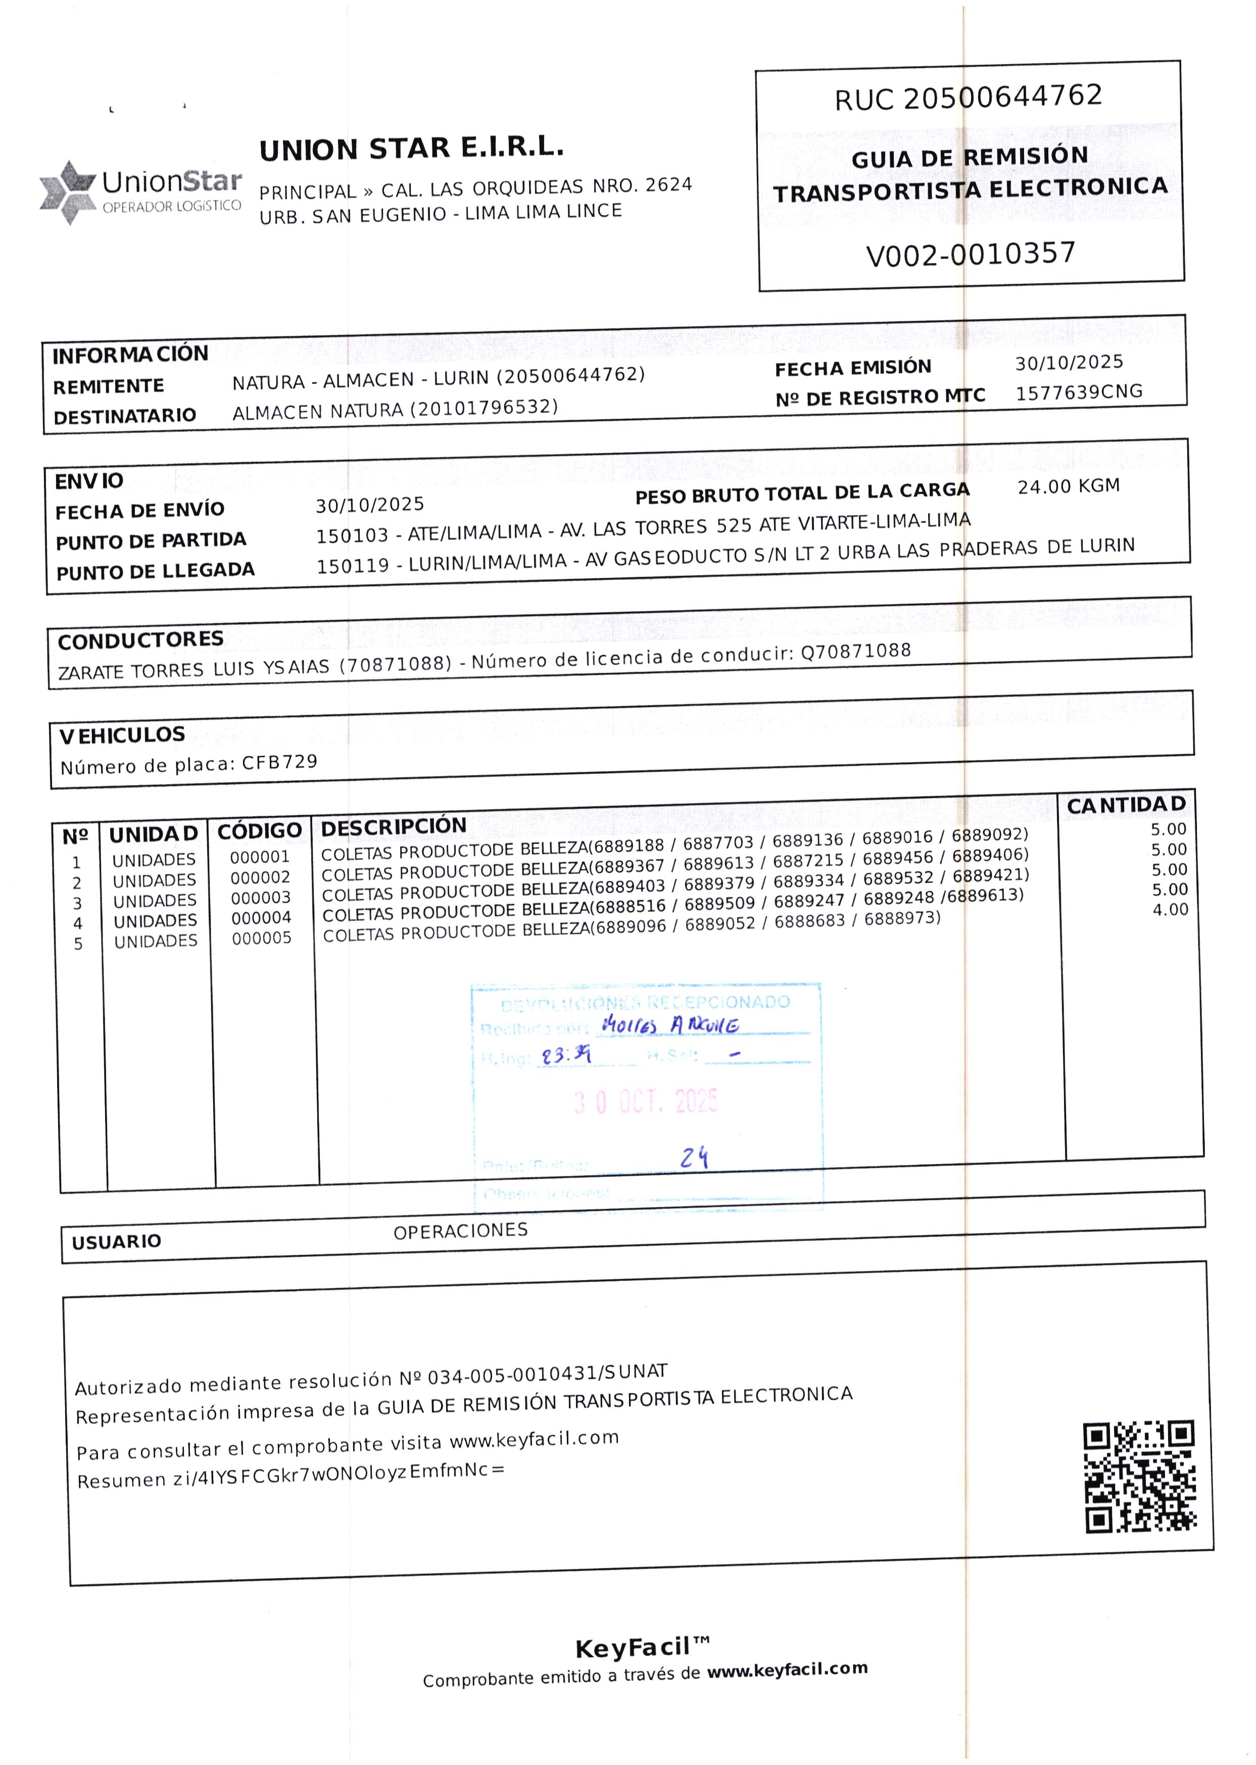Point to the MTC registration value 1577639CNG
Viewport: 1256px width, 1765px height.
tap(1079, 392)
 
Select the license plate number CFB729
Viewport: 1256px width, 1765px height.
tap(280, 762)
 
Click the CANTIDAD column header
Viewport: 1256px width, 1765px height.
tap(1126, 805)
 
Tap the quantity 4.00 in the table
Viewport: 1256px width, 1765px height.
tap(1170, 910)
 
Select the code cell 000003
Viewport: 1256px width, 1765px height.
tap(261, 898)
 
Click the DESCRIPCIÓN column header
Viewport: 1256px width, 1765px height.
tap(393, 826)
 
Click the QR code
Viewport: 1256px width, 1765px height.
tap(1139, 1476)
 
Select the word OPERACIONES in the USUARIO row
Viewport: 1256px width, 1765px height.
tap(460, 1231)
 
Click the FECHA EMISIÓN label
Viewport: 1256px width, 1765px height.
tap(852, 368)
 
